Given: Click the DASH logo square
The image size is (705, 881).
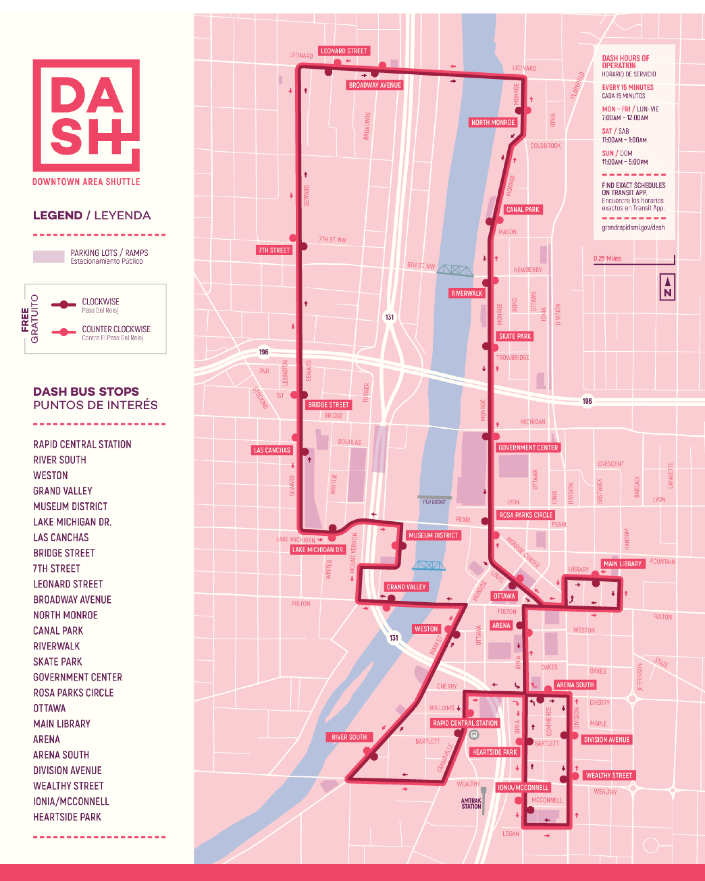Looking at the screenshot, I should pos(86,115).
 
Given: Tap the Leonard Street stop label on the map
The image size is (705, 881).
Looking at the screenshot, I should pos(344,51).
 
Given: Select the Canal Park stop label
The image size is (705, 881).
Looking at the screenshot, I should pos(523,210).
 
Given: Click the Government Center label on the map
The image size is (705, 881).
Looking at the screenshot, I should pos(527,448).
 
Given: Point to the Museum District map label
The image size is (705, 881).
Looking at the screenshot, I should pos(433,535).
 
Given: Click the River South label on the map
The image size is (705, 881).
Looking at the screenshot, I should pos(349,737).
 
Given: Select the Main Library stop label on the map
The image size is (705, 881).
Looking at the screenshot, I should pos(622,564).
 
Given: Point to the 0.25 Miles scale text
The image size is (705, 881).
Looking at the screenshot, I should pos(607,259).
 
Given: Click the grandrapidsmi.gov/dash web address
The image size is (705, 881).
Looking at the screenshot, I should pos(633,227).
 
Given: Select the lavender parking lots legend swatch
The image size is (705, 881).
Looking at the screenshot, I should pos(49,257).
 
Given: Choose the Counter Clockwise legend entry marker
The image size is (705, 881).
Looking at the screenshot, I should pos(64,332).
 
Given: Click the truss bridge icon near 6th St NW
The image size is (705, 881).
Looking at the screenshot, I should pos(455,270).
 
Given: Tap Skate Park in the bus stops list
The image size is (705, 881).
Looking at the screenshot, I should pos(58,662).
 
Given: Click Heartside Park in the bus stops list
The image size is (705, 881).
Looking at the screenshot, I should pos(67,817).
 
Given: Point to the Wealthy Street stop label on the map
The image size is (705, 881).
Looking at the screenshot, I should pos(609,776).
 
